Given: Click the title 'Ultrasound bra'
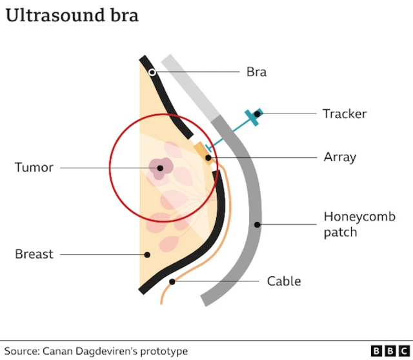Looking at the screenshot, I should point(72,15).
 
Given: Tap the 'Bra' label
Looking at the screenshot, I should point(256,72).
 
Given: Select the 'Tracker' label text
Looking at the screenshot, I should point(344,114).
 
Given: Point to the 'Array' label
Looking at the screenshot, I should point(339,157).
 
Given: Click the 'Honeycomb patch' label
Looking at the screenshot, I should point(359,224).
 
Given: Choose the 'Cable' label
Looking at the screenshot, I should point(284,281).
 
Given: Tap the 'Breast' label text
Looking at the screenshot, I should point(34,254).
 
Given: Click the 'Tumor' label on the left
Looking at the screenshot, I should point(34,168).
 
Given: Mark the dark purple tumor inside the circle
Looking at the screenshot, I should point(159,168).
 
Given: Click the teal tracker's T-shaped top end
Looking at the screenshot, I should point(253,117).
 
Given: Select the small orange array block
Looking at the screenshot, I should point(201,150).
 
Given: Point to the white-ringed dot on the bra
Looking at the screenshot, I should point(152,72).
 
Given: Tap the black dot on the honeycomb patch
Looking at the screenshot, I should point(257,225).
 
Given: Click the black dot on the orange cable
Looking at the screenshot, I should point(172,282).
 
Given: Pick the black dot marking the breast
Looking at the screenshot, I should point(147,255).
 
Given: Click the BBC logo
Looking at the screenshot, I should point(386,350).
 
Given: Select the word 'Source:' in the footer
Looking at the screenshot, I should point(22,351).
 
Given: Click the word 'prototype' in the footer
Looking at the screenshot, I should point(165,351).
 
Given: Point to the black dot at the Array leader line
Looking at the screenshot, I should point(208,157).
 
